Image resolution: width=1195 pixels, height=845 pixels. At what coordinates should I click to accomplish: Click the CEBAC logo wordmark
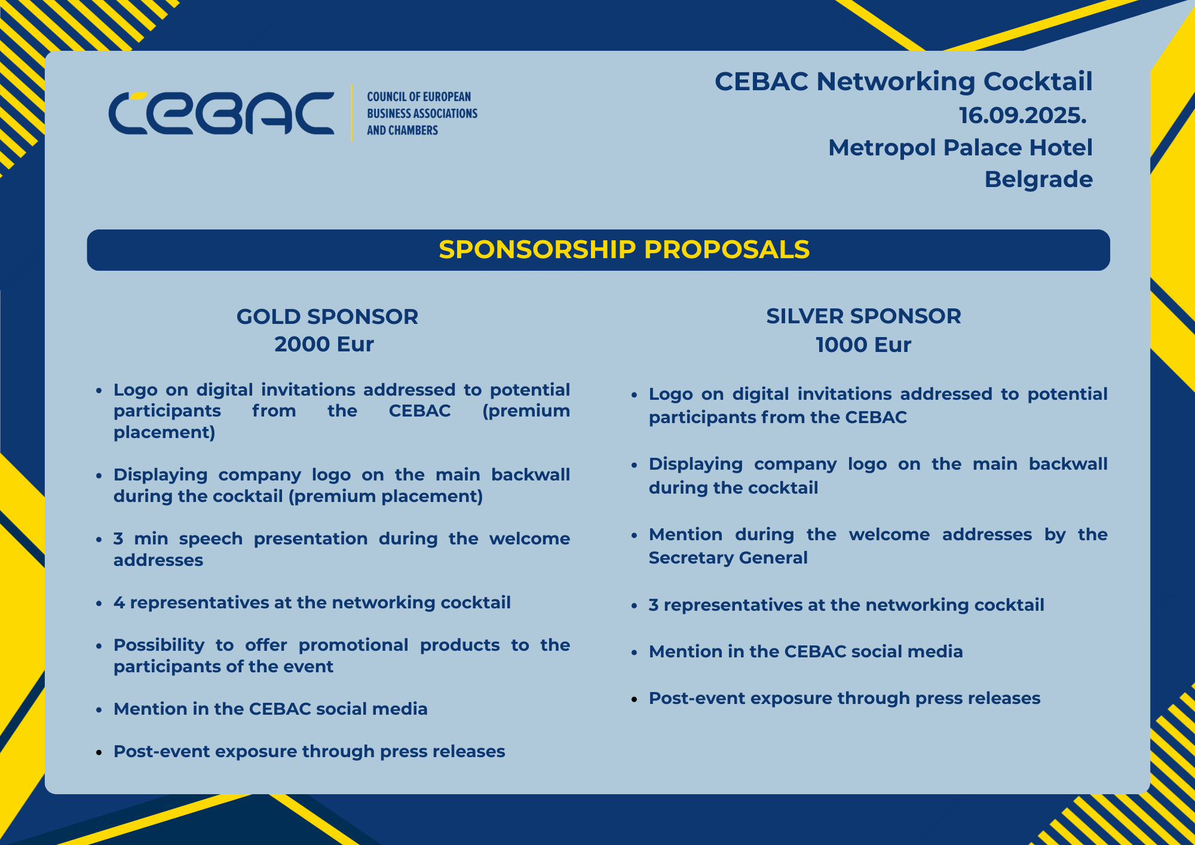[x=221, y=113]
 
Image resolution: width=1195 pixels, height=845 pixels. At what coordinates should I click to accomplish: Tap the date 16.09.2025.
[x=1022, y=115]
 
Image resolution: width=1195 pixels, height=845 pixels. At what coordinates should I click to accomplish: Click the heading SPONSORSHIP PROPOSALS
[x=624, y=250]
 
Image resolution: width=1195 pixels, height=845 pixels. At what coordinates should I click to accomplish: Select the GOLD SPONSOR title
[x=327, y=317]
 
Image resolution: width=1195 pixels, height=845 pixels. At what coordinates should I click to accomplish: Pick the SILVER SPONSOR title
[x=864, y=316]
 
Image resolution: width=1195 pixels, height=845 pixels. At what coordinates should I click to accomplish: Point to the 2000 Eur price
[x=324, y=344]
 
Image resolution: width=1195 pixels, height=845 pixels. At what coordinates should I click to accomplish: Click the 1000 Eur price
[x=864, y=345]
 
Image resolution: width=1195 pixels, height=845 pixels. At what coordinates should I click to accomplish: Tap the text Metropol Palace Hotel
[x=960, y=148]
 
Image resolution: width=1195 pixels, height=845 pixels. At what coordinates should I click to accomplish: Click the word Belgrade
[x=1038, y=180]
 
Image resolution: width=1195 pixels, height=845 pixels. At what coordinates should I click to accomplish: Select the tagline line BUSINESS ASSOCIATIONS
[x=422, y=114]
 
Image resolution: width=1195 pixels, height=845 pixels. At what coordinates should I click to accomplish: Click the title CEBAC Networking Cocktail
[x=903, y=82]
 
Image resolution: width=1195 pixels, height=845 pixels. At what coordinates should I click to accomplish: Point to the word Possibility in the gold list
[x=159, y=645]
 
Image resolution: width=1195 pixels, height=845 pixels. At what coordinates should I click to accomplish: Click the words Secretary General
[x=728, y=558]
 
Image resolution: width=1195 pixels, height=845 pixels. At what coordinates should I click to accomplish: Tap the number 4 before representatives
[x=119, y=602]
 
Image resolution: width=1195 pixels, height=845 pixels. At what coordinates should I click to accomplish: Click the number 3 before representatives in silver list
[x=654, y=605]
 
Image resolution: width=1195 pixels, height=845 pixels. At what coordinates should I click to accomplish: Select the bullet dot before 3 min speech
[x=99, y=540]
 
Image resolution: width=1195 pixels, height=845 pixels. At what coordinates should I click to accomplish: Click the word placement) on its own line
[x=164, y=433]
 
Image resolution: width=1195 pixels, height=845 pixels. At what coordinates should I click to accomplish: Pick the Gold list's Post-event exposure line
[x=310, y=752]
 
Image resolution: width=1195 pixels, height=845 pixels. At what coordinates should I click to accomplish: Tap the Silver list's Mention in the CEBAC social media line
[x=806, y=652]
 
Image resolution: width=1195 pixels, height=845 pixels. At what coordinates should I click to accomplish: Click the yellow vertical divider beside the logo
[x=351, y=113]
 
